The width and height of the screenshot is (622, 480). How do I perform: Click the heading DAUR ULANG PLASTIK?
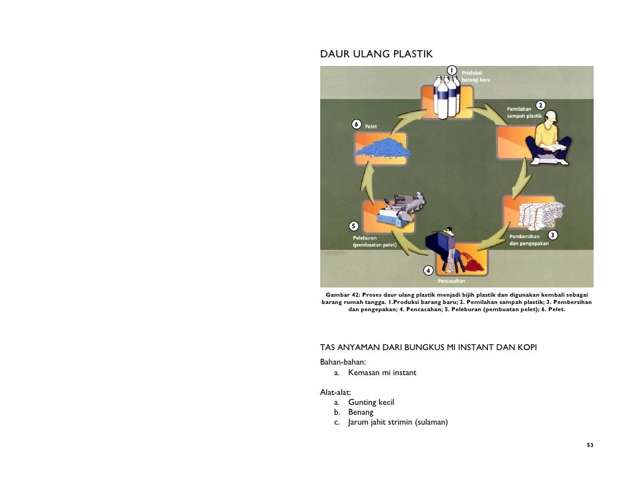376,54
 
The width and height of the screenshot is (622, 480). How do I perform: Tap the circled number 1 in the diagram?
452,71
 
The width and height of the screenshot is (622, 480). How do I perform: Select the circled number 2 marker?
540,105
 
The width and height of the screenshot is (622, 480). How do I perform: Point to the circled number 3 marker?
552,235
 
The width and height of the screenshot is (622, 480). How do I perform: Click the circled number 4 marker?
428,270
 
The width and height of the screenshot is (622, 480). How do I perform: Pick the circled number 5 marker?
353,226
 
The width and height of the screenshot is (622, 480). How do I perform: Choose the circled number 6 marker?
356,125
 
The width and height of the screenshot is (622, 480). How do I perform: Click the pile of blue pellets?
383,148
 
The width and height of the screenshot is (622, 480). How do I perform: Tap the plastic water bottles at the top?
446,97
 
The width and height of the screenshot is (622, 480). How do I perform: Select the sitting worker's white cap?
551,116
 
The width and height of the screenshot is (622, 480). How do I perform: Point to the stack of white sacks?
541,216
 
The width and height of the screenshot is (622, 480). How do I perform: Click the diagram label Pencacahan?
452,281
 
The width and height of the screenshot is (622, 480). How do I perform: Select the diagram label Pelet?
371,127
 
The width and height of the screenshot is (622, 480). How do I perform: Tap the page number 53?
590,445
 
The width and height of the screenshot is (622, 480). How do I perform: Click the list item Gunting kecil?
371,402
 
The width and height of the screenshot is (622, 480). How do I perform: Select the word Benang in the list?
361,412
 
